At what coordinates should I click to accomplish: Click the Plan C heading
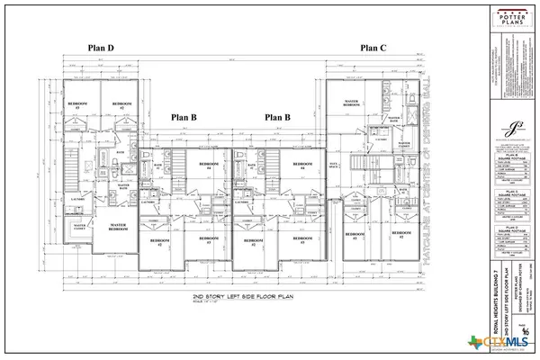pos(374,48)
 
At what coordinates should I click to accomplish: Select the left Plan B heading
pos(184,118)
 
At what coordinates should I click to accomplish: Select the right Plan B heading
pos(279,118)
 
